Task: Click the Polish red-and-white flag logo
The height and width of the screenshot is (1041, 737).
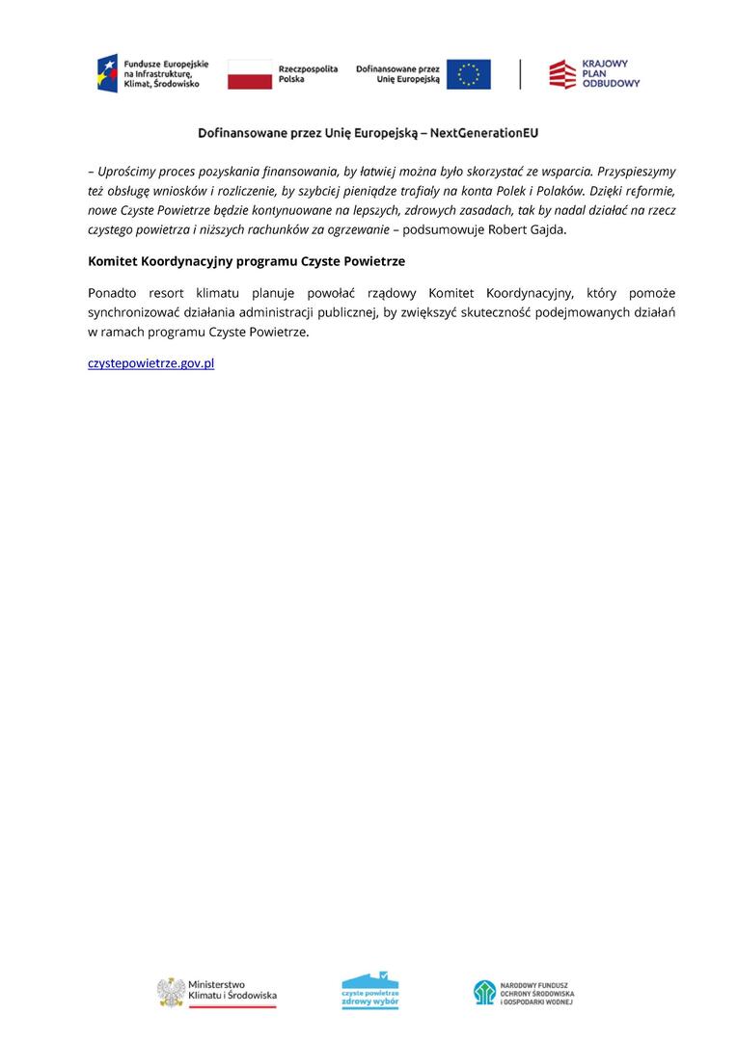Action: [x=250, y=74]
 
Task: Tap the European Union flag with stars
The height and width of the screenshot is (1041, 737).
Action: [x=468, y=74]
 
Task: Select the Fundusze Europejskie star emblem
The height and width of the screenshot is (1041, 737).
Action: [x=106, y=73]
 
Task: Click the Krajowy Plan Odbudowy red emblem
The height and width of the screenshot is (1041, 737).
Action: [x=561, y=74]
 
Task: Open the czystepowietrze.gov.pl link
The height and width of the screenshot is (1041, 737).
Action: [x=150, y=363]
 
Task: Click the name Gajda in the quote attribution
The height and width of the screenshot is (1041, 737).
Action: [x=548, y=229]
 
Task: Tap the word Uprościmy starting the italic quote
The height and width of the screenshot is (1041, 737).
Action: [x=129, y=172]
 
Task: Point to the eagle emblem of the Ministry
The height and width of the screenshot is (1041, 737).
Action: [x=171, y=991]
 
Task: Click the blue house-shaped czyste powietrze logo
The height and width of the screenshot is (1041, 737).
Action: [x=370, y=990]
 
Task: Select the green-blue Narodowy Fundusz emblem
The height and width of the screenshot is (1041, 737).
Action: [x=483, y=992]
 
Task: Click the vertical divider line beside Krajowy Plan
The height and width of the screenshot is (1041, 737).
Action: [x=521, y=74]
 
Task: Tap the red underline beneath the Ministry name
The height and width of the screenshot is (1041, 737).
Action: [x=232, y=1006]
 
